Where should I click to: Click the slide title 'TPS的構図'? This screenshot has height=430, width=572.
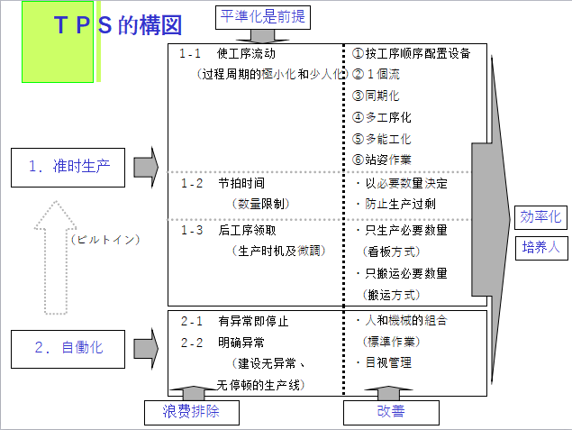117,25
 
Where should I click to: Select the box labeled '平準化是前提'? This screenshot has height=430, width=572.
262,16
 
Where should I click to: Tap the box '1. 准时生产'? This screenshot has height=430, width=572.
68,168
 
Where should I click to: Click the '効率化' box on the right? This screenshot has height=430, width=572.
540,217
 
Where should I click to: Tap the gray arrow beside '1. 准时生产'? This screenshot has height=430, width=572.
145,167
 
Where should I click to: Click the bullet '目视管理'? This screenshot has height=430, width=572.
388,363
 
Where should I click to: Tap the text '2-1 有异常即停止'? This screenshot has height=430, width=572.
234,321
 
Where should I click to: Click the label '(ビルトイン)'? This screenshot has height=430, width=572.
104,239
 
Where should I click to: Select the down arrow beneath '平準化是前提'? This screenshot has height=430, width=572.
262,35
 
